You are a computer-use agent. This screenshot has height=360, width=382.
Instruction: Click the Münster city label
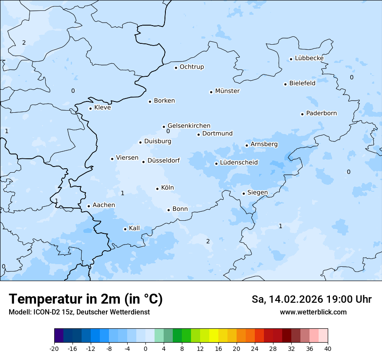tap(227, 91)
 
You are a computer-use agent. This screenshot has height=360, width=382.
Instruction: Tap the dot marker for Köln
tap(158, 189)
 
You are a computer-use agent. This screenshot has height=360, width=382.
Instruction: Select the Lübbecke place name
tap(309, 58)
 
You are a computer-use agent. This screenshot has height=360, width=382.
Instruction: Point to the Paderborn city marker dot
tap(302, 114)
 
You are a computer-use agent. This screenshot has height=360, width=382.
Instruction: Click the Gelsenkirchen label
tap(189, 126)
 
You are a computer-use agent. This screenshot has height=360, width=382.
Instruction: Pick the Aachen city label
tap(104, 205)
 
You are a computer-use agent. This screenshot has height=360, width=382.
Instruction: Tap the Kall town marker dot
tap(125, 229)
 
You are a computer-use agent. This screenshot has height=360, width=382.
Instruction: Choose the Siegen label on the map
tap(257, 193)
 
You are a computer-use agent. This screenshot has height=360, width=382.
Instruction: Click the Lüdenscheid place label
tap(239, 163)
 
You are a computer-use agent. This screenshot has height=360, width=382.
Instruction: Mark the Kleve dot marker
tap(90, 108)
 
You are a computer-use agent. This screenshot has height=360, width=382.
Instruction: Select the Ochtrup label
tap(191, 67)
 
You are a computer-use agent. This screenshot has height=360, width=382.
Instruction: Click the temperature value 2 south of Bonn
tap(208, 242)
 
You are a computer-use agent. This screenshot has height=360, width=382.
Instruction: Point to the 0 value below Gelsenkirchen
tap(168, 131)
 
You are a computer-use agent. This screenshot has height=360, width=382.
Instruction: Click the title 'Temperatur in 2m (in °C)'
tap(86, 299)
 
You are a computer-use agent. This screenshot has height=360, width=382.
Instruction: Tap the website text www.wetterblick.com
tap(313, 312)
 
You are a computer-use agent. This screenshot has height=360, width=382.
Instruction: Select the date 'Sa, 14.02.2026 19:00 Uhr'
tap(311, 299)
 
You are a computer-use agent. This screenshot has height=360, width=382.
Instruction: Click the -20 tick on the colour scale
tap(54, 348)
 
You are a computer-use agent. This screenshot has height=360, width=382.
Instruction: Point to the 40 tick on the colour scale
tap(328, 348)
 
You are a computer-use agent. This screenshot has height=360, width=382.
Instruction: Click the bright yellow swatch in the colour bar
tap(214, 336)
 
